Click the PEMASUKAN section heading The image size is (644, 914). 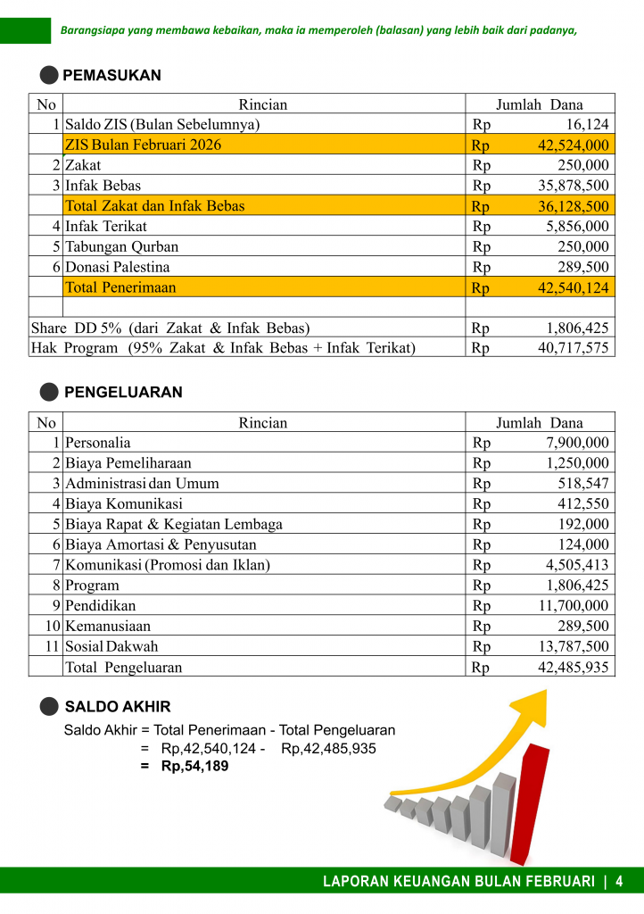[111, 76]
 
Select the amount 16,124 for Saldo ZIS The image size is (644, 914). [587, 125]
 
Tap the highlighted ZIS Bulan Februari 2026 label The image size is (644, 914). [144, 145]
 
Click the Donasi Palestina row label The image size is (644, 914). [117, 267]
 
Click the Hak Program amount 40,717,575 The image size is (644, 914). [574, 347]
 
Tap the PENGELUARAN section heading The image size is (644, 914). [123, 392]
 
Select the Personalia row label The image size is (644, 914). [98, 443]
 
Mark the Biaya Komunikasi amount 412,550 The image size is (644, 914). [582, 503]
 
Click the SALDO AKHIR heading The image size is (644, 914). [117, 707]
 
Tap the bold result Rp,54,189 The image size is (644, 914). [194, 766]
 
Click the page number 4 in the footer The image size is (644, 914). [618, 881]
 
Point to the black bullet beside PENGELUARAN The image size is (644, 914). [50, 392]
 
